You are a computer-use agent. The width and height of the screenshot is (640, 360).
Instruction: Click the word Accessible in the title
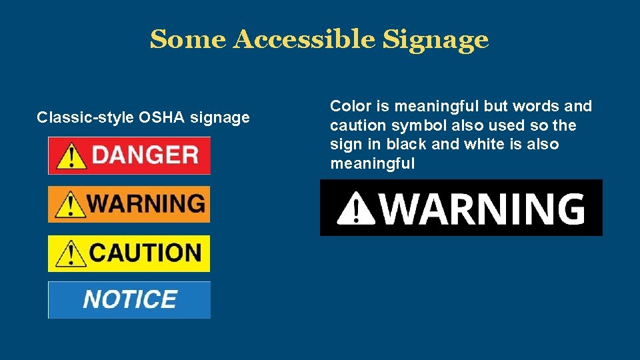point(305,40)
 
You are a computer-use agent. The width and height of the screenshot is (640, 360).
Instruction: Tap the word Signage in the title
point(435,40)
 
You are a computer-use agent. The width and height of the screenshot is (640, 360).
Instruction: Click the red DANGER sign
point(129,155)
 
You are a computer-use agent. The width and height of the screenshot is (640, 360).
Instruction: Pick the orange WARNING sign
point(129,204)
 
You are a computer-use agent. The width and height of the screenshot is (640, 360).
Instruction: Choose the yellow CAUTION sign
point(129,253)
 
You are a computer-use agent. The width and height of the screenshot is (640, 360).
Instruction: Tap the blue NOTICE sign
point(129,300)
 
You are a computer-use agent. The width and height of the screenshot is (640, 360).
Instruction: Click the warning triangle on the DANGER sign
point(70,157)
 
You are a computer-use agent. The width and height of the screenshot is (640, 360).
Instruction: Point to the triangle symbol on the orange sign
point(68,205)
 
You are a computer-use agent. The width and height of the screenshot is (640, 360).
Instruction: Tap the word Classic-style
point(85,118)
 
